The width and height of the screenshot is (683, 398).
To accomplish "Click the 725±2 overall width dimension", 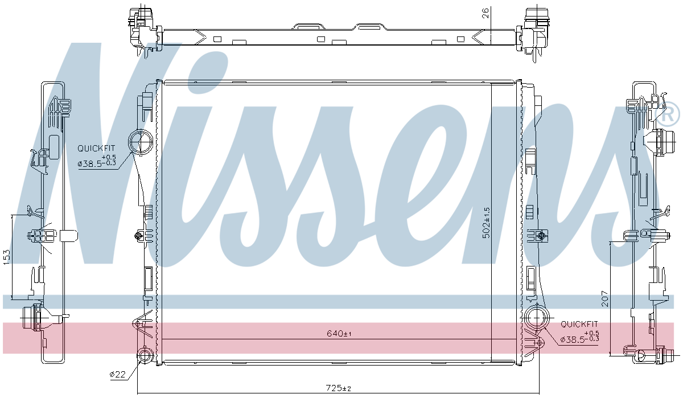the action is coord(339,388).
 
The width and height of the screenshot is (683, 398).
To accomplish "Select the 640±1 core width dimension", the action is coord(339,334).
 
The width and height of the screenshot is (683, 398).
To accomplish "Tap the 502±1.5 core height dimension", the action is coord(486,223).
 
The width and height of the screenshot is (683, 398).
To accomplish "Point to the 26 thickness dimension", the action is coord(485,13).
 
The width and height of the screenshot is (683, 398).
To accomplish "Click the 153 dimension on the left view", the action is coord(7,257).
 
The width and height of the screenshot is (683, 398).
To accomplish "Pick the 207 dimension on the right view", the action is coord(605,299).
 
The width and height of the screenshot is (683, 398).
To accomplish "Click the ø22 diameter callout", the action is coord(117,374).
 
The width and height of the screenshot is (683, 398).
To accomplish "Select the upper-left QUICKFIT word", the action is coord(96,149).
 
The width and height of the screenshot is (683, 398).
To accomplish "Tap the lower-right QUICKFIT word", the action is coord(579,324).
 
